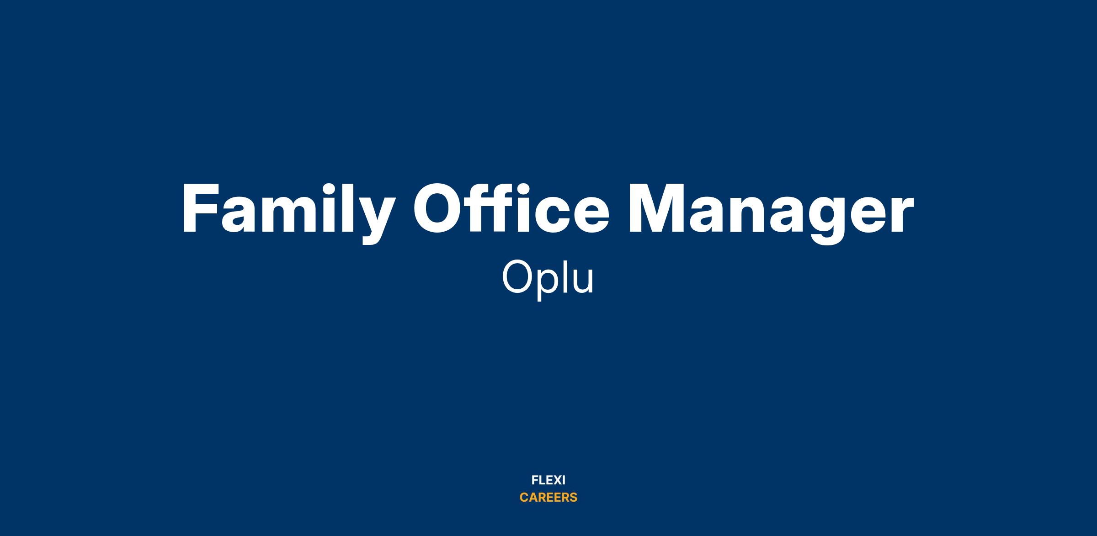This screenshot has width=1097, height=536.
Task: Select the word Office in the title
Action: pyautogui.click(x=511, y=208)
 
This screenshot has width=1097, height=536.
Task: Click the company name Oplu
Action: pyautogui.click(x=548, y=278)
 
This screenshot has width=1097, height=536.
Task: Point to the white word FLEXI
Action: pyautogui.click(x=548, y=480)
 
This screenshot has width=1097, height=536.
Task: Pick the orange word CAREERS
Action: pyautogui.click(x=548, y=498)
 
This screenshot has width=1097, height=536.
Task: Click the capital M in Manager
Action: pyautogui.click(x=656, y=209)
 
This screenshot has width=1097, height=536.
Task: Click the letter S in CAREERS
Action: pyautogui.click(x=573, y=498)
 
